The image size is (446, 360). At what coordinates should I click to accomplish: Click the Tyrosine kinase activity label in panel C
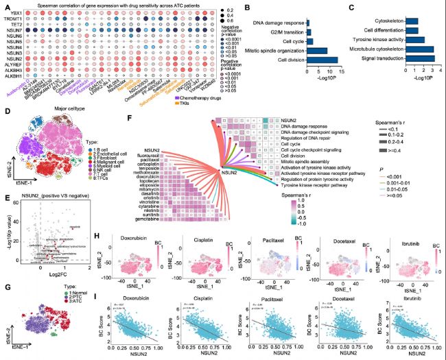(x=386, y=40)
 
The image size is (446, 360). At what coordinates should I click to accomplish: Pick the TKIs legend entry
(x=204, y=105)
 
